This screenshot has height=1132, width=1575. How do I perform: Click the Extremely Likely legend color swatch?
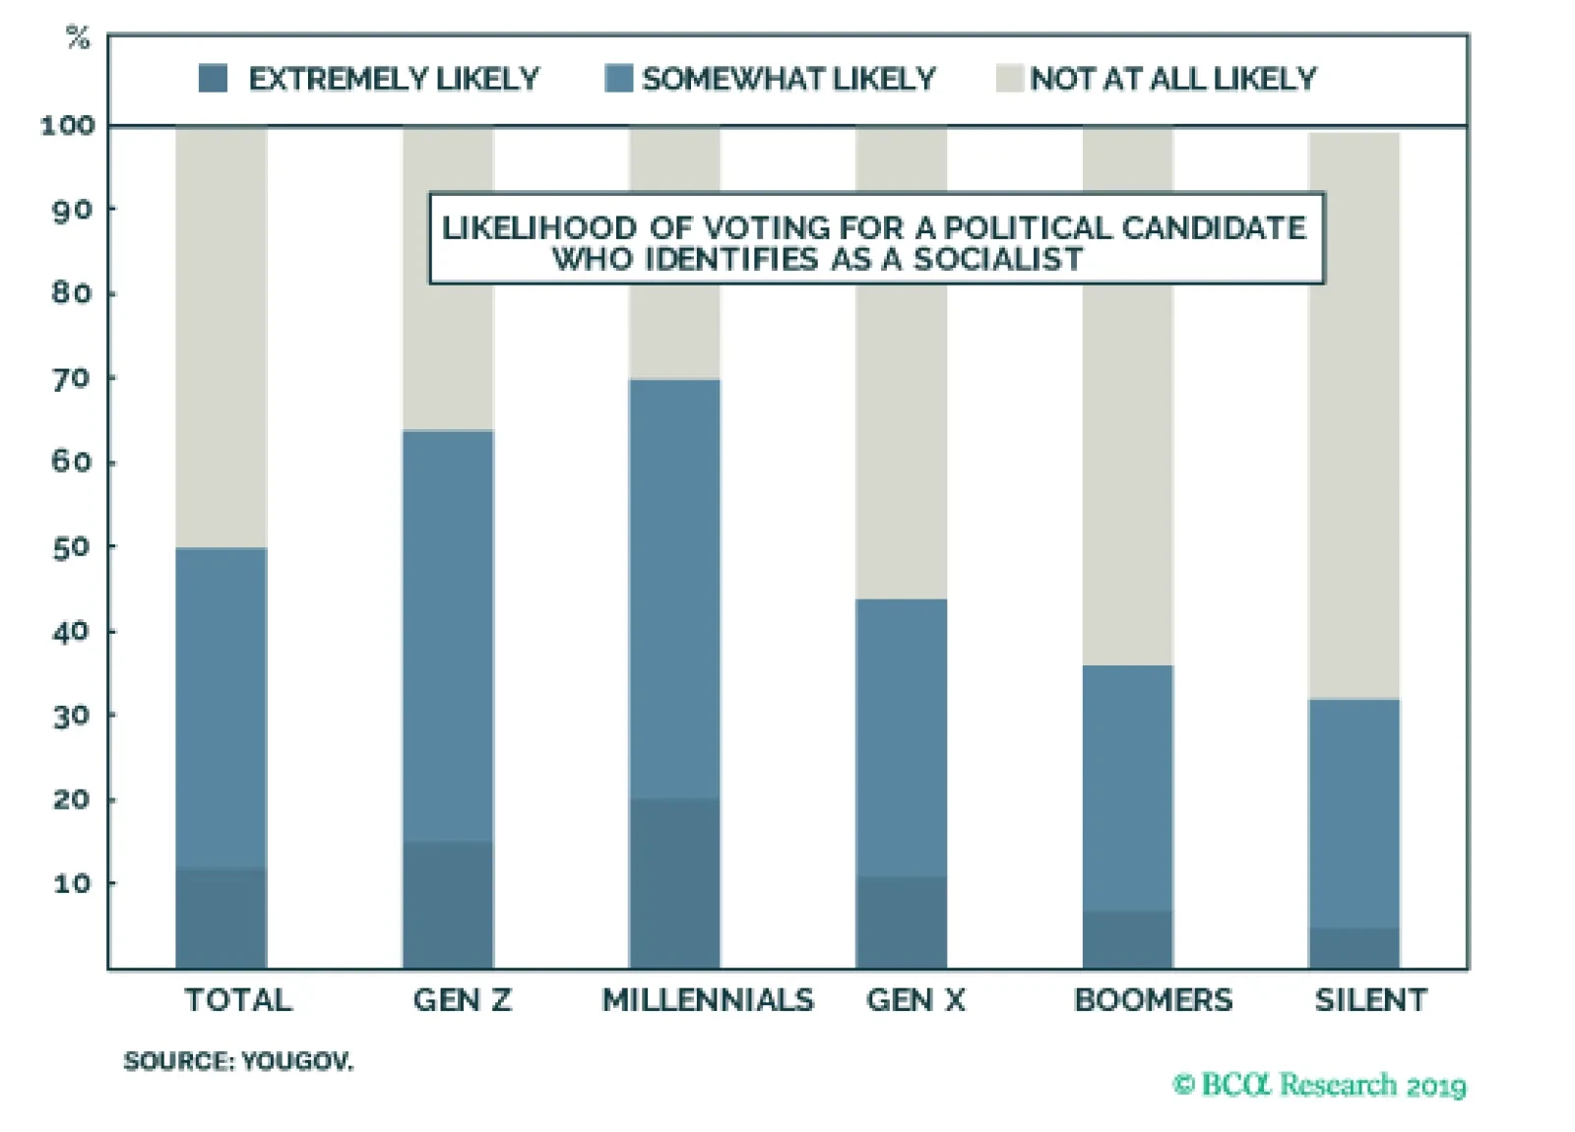213,78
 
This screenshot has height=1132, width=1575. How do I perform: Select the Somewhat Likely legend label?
788,79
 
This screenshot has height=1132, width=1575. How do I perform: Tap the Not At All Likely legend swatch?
1010,78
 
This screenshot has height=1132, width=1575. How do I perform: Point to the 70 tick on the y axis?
71,378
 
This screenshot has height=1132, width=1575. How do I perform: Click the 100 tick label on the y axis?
67,126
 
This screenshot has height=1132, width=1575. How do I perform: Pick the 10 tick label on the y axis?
71,883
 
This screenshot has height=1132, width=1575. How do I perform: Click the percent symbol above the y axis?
78,37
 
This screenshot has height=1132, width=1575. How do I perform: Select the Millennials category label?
708,1000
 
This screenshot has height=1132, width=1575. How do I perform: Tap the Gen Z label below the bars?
462,1000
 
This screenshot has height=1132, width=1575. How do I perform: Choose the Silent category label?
1370,1000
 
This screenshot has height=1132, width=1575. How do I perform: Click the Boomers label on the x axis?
1153,1000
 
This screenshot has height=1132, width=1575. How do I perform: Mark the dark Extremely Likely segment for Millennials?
674,883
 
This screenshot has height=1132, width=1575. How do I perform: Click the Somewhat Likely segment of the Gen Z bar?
448,635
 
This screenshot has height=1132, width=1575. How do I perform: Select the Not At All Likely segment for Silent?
1354,413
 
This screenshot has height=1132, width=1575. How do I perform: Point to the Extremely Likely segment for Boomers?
1127,939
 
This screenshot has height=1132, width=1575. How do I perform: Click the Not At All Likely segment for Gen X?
901,443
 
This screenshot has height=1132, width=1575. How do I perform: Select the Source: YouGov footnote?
237,1061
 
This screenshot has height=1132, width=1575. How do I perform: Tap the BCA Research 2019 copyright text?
1319,1085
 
